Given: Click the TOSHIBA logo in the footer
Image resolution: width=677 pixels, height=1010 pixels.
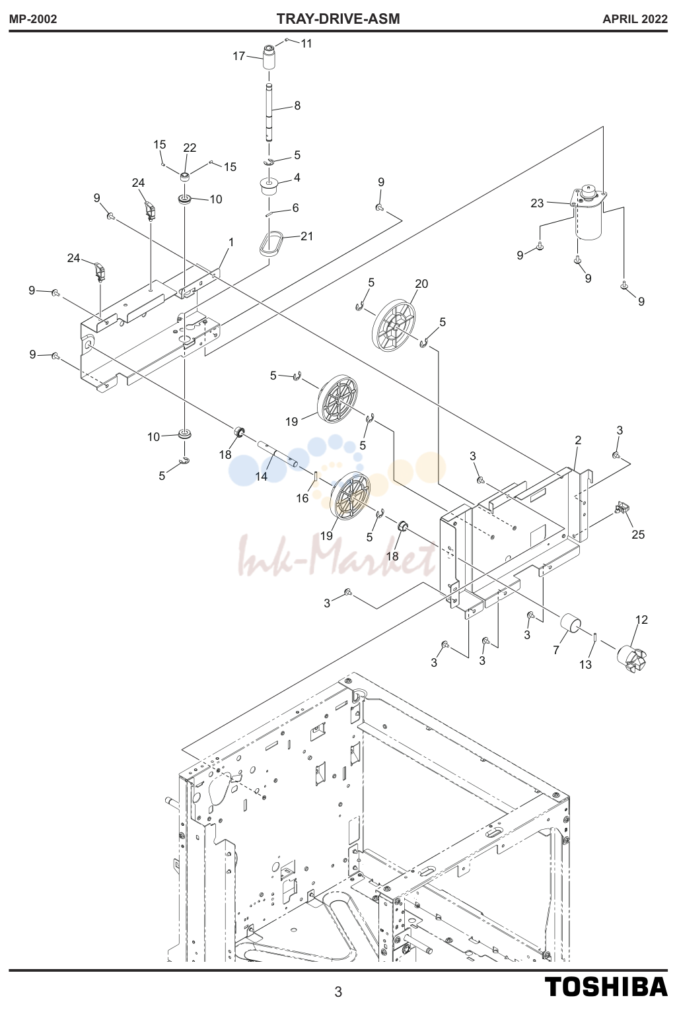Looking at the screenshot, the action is pos(606,986).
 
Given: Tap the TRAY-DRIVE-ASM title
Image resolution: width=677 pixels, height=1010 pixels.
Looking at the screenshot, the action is pos(338,19).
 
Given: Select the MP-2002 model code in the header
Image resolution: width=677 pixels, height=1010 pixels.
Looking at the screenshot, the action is pos(33,19).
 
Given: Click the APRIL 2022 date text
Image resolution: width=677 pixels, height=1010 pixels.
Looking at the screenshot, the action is pos(635,19).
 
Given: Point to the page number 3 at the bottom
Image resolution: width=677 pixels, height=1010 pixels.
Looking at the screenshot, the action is pos(338,992).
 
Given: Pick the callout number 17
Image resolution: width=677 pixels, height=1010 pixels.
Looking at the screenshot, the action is pos(238,56).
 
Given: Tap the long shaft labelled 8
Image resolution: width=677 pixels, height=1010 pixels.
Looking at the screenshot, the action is pos(268,113).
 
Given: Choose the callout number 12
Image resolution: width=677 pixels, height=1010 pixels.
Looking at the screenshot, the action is pos(641,619).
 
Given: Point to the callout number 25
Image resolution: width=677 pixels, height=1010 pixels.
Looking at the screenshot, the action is pos(638,534).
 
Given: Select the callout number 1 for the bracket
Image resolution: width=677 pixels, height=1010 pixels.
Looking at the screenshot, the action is pos(231,242).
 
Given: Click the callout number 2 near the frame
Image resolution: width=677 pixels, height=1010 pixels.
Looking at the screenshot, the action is pos(578,440).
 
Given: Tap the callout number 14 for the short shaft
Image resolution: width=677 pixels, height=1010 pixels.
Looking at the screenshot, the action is pos(261,476).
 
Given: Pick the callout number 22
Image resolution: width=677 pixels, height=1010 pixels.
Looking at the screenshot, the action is pos(190,147).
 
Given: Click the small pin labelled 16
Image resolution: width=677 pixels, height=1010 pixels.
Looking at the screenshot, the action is pos(316,476).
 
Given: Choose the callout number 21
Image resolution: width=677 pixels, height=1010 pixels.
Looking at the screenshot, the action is pos(306,236).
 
